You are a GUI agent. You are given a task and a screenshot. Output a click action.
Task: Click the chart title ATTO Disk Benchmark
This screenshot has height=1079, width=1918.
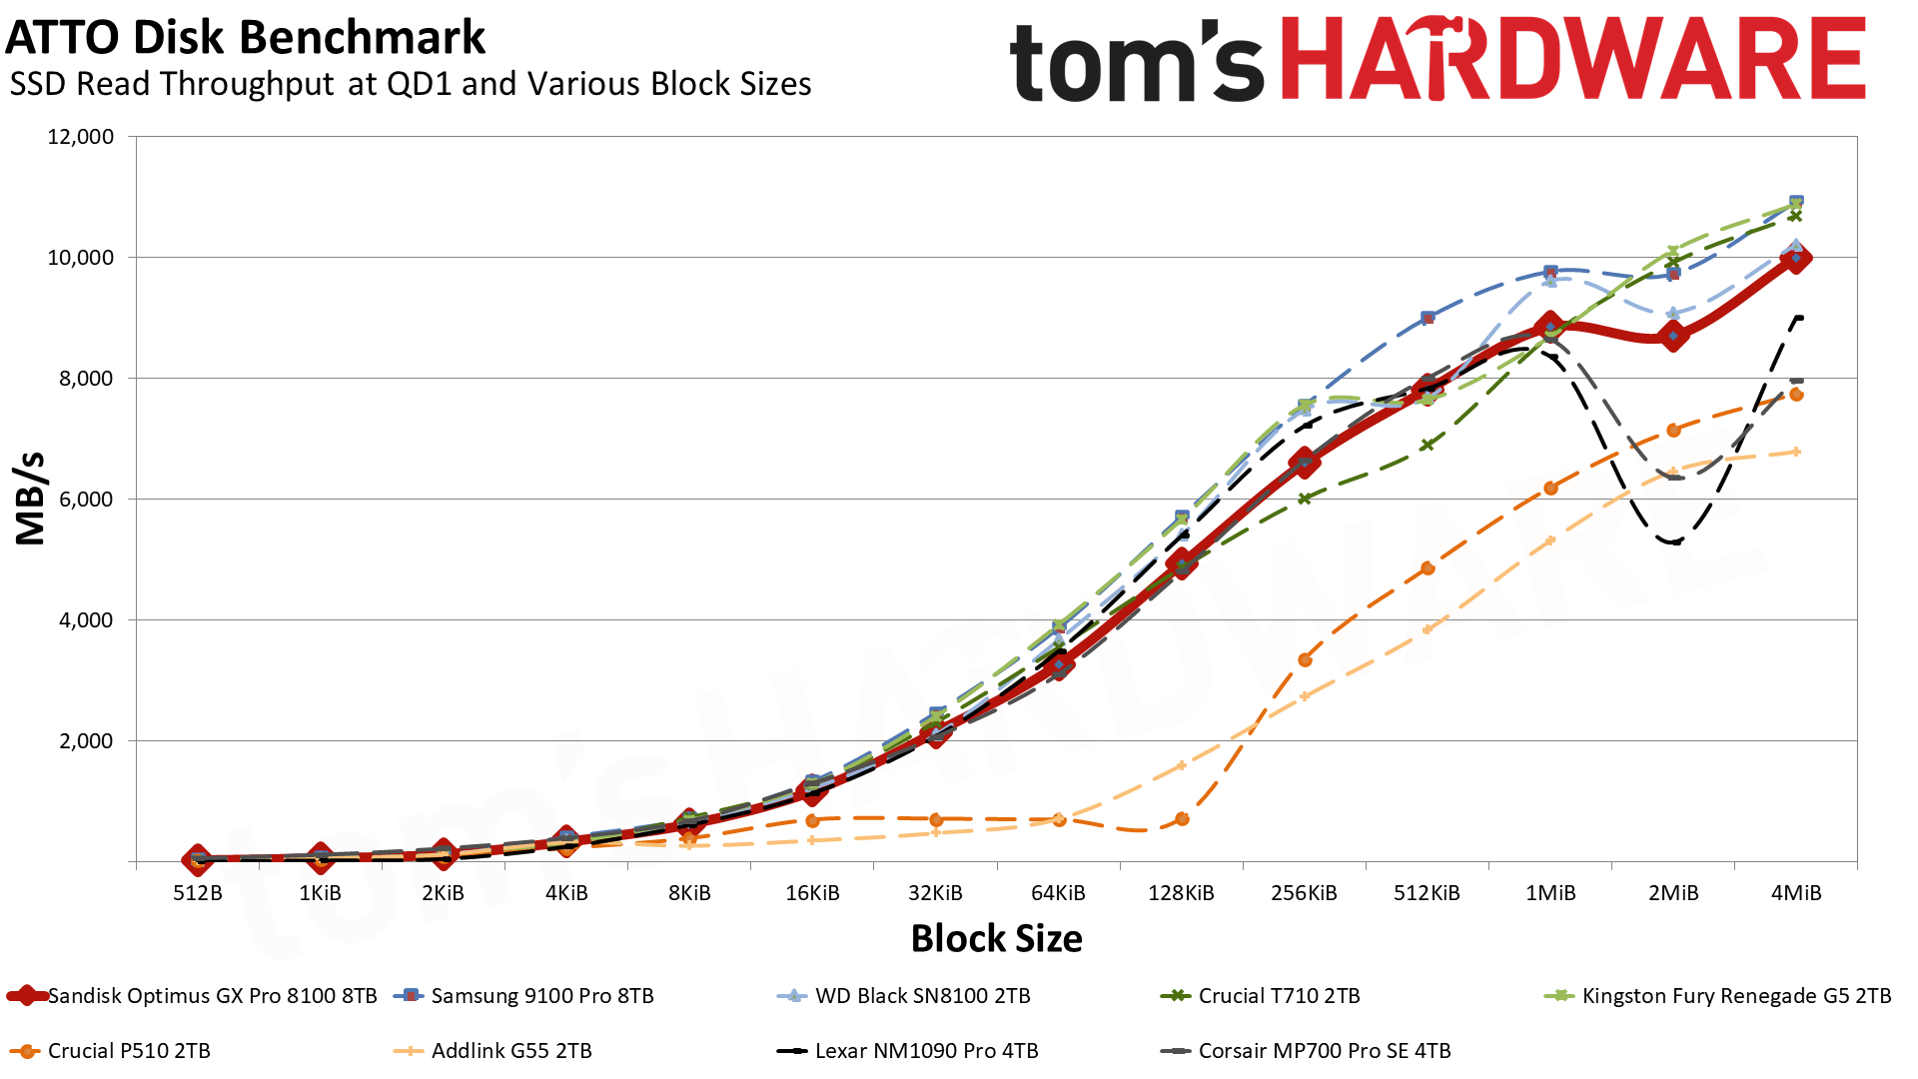(246, 38)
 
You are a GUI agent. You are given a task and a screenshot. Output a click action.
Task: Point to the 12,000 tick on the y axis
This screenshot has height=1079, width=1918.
(81, 137)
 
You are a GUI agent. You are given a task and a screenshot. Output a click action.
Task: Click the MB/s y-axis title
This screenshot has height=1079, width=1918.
(30, 499)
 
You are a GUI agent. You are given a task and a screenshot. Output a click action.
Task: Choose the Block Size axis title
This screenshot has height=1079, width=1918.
(996, 938)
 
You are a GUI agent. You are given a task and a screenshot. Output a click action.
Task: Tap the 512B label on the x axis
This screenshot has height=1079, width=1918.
(198, 893)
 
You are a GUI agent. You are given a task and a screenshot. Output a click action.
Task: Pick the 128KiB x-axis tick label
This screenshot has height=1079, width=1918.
(1181, 893)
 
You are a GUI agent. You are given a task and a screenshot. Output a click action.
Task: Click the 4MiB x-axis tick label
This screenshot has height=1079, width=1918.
(1796, 893)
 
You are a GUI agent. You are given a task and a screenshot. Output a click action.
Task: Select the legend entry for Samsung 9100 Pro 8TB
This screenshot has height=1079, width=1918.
(525, 996)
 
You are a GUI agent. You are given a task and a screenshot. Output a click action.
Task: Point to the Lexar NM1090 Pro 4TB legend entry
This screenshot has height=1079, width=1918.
(908, 1051)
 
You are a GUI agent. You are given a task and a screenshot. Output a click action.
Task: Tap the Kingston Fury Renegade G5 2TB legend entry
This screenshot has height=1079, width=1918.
(1718, 996)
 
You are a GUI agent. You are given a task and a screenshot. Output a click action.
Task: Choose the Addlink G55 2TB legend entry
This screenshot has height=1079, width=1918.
(493, 1051)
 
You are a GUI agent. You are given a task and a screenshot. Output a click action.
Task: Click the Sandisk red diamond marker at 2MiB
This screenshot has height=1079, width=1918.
(1673, 336)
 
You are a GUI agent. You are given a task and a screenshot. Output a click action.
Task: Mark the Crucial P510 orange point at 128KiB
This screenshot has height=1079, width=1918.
(1182, 819)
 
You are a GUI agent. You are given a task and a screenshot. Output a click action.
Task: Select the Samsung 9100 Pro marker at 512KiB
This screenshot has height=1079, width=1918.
(1428, 318)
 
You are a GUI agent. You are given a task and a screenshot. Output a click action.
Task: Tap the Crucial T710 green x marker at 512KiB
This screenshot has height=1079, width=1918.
(1428, 445)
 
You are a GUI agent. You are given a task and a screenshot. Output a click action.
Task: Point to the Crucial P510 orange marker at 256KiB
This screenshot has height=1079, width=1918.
(1305, 659)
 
